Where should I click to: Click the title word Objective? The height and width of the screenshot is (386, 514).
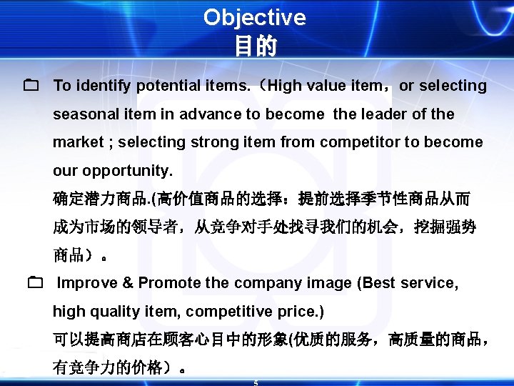coord(254,17)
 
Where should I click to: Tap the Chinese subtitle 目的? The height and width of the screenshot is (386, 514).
coord(254,46)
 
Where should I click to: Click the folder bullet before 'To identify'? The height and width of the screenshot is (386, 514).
coord(30,86)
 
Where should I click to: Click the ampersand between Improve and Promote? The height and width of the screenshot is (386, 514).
coord(128,283)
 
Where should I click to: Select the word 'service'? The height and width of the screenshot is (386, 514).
coord(429,283)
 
